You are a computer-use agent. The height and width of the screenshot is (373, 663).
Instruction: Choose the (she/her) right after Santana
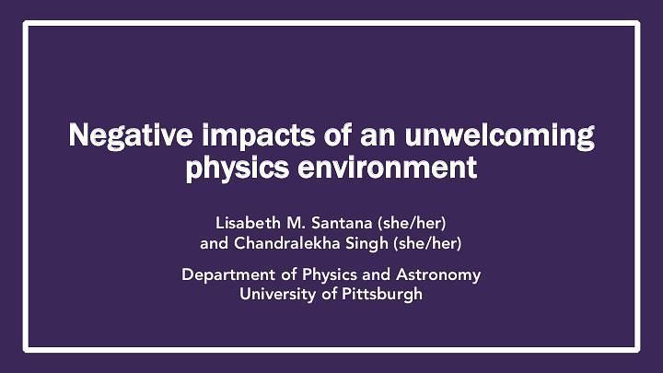tap(415, 223)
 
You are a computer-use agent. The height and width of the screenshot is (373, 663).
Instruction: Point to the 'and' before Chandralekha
tap(214, 244)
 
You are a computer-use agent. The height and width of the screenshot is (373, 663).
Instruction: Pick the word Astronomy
tap(437, 274)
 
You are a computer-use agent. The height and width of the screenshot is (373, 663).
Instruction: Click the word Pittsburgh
tap(382, 295)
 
